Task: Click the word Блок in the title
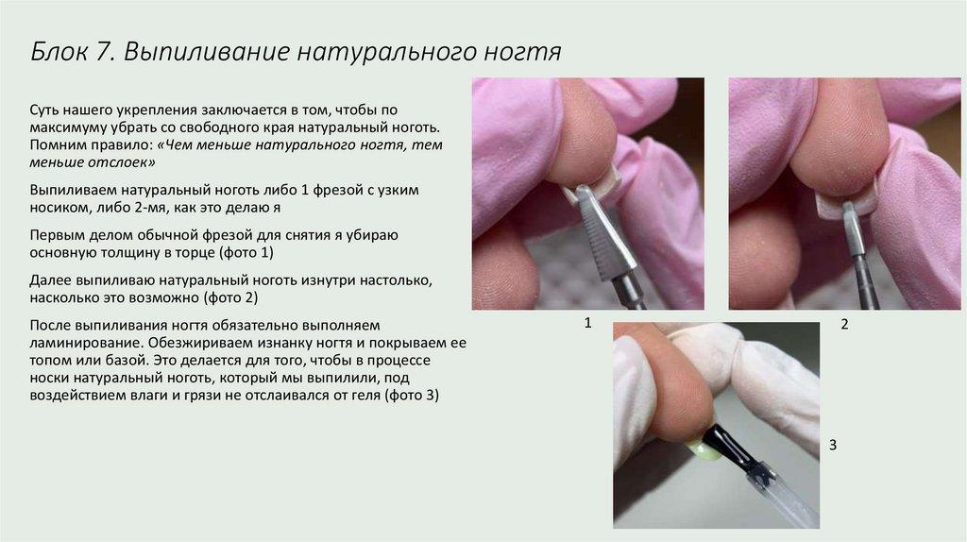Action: (x=59, y=51)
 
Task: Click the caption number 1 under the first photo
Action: (x=587, y=323)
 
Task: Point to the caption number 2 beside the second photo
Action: (x=845, y=324)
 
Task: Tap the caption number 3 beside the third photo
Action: (x=833, y=445)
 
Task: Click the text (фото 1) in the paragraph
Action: (x=246, y=252)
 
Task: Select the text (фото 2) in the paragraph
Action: (x=230, y=297)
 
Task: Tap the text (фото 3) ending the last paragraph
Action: (x=412, y=395)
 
